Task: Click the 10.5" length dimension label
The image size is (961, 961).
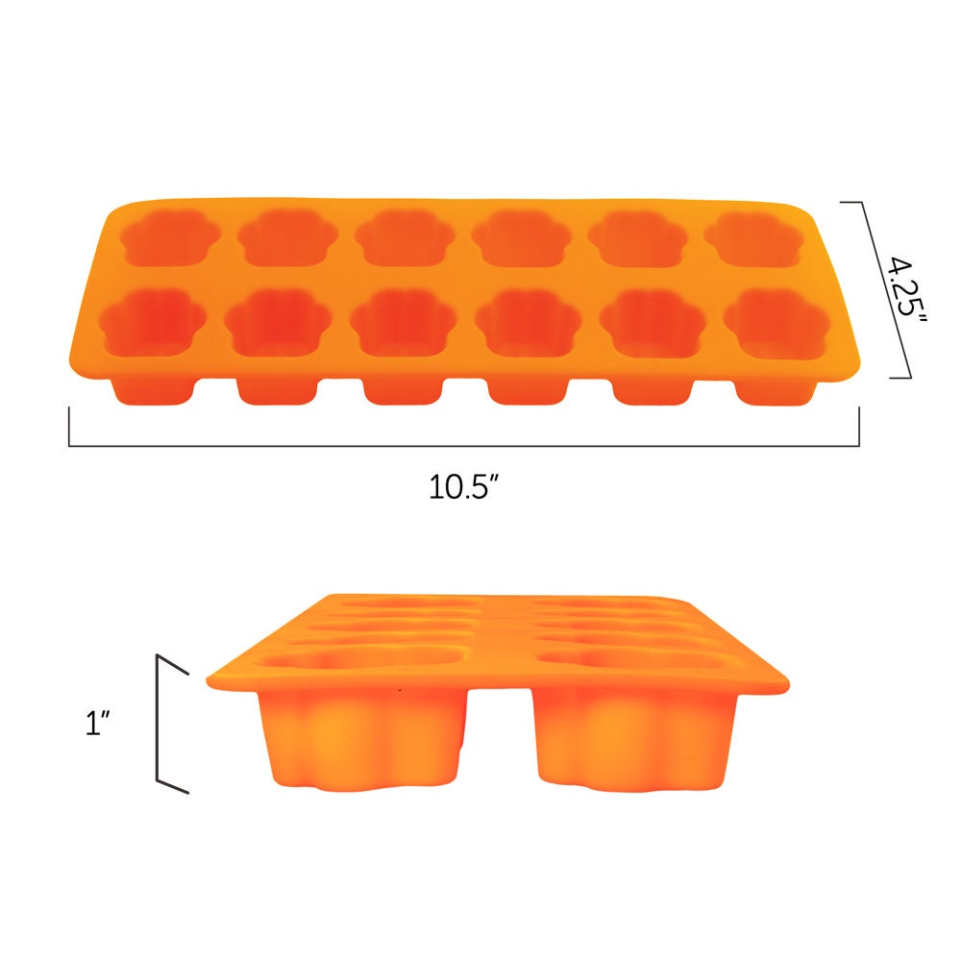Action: pos(466,487)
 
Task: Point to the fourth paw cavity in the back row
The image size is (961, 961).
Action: pos(521,238)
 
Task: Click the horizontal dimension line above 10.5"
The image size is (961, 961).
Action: pos(463,446)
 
